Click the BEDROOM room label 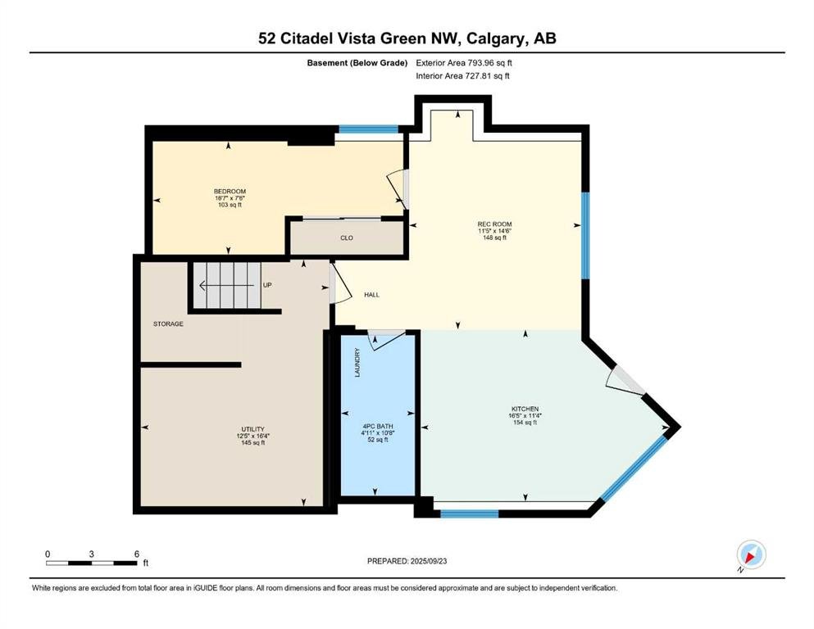click(230, 192)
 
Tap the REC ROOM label click(494, 224)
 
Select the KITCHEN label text click(525, 409)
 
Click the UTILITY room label click(252, 429)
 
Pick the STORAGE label click(168, 324)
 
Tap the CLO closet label click(347, 238)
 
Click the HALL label click(371, 295)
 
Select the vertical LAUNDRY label click(357, 362)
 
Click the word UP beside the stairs click(267, 285)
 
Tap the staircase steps click(227, 285)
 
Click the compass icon click(751, 554)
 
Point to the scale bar click(91, 563)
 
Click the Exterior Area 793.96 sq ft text click(464, 63)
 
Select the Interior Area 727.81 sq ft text click(462, 75)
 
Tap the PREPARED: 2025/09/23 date click(407, 561)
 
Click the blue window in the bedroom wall click(369, 129)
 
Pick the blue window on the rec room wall click(585, 235)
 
